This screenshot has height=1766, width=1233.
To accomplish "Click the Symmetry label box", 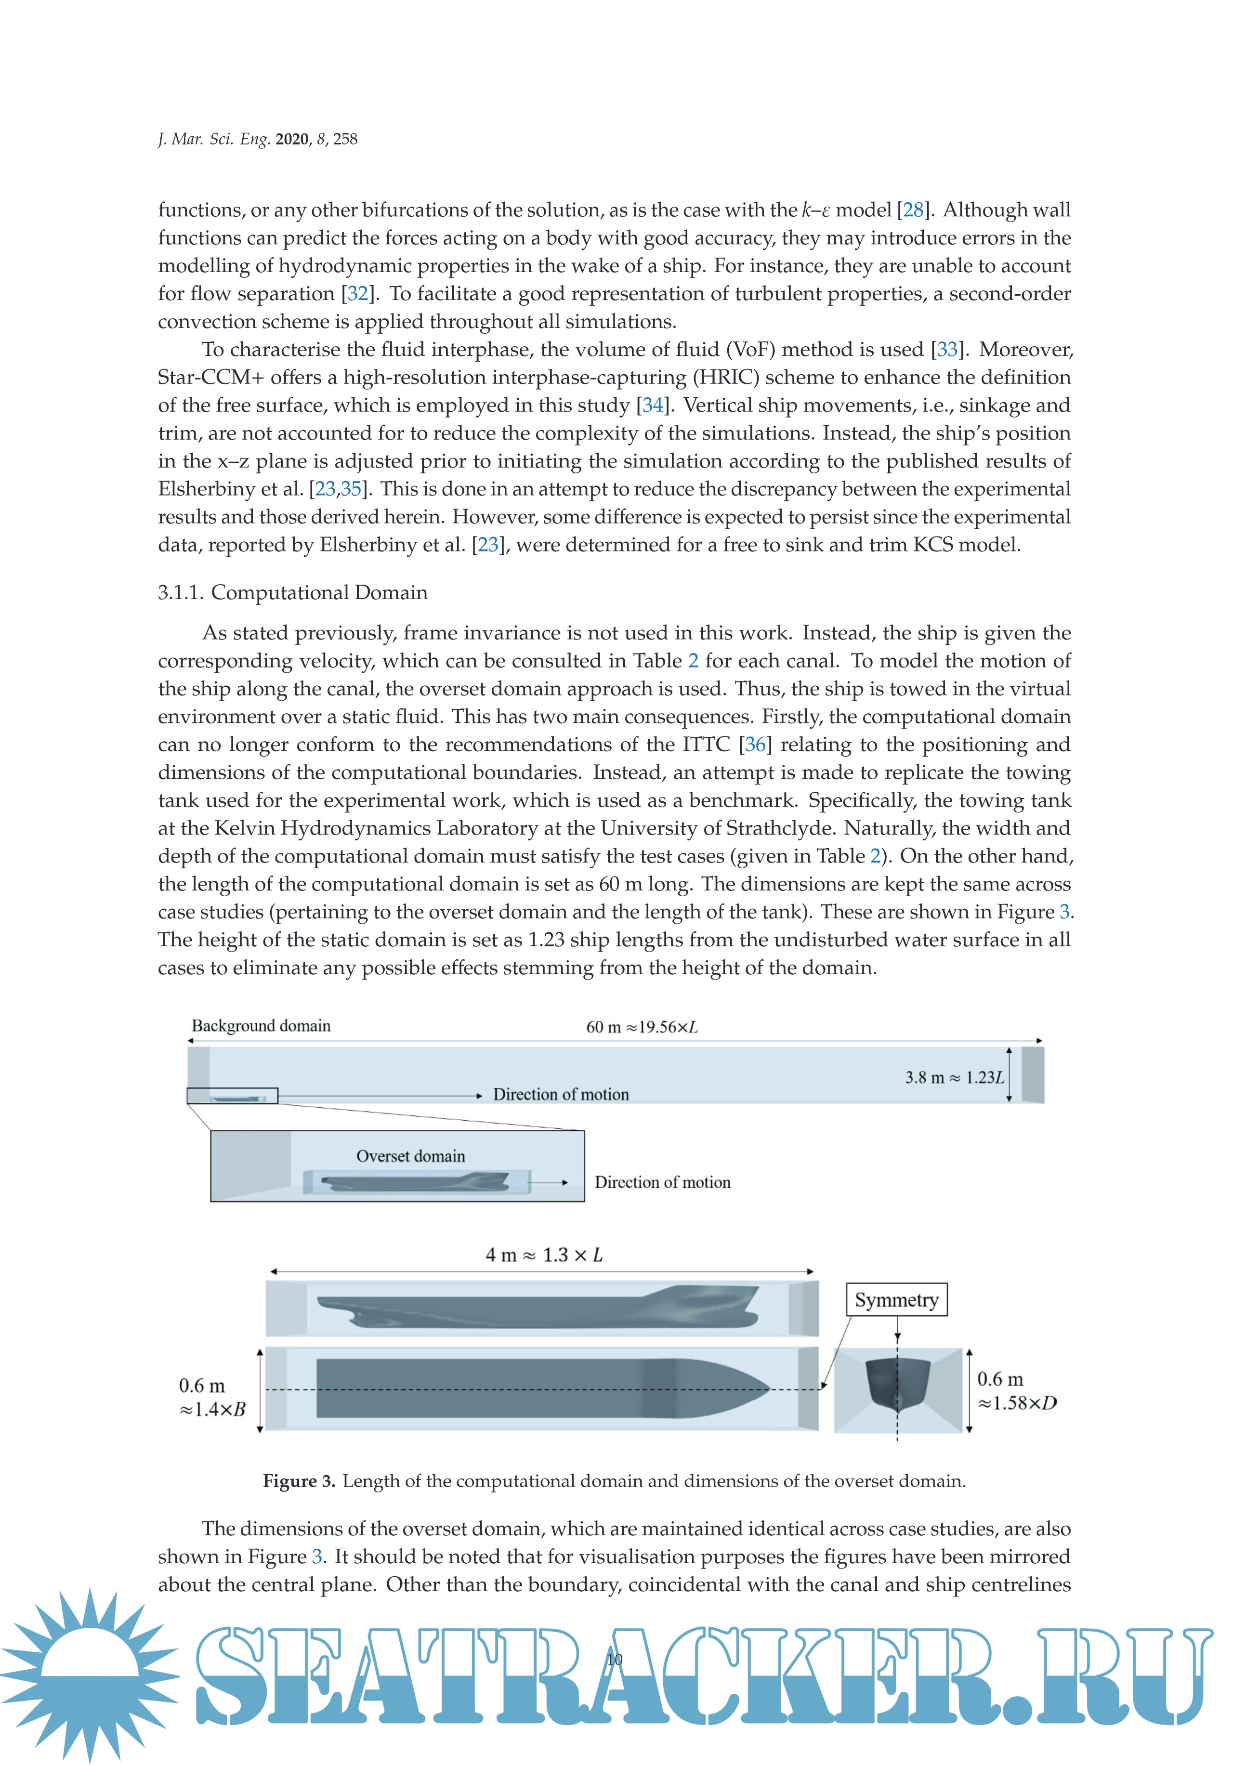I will [x=896, y=1299].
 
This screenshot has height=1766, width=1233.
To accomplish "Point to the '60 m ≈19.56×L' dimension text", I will [x=642, y=1027].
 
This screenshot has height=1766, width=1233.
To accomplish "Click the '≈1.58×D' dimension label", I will [x=1017, y=1403].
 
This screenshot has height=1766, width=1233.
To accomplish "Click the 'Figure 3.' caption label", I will [x=299, y=1481].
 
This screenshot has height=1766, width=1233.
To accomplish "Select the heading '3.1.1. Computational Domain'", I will [x=292, y=592].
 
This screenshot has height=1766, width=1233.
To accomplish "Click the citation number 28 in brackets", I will [x=913, y=210].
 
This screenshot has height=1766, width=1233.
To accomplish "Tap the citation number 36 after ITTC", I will [x=755, y=745].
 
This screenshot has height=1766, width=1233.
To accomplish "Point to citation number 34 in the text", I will [x=652, y=406].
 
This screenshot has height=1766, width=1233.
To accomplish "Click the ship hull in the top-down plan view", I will [x=538, y=1388].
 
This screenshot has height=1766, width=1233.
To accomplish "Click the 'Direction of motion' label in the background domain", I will [x=561, y=1095].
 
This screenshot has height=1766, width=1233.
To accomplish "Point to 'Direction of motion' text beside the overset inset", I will [x=662, y=1182].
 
